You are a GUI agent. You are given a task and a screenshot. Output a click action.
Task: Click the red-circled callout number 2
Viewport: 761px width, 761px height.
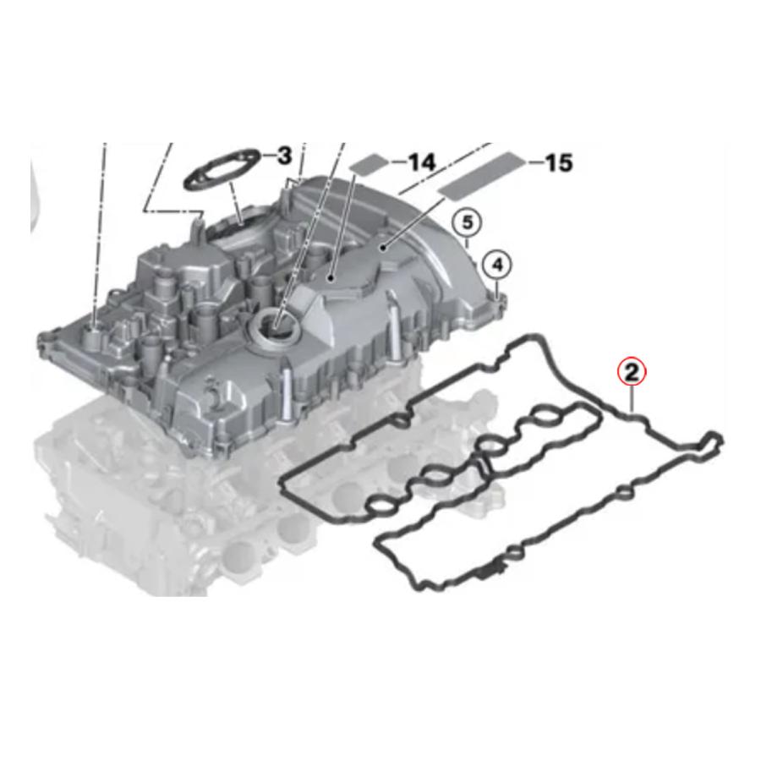click(632, 373)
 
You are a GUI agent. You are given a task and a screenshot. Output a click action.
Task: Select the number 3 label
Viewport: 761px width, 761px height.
click(283, 156)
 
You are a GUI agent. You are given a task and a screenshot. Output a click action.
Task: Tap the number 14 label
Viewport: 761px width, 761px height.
click(420, 162)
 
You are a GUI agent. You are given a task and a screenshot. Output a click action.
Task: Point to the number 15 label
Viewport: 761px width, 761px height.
click(559, 162)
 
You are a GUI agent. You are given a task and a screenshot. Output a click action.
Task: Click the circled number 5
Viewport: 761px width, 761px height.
click(467, 222)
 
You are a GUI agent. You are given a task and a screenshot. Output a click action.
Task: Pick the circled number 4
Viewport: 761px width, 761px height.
click(497, 265)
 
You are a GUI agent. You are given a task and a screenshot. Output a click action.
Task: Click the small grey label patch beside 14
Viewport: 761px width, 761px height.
click(371, 163)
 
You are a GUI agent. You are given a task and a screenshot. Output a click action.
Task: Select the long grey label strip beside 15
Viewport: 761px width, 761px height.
click(482, 176)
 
